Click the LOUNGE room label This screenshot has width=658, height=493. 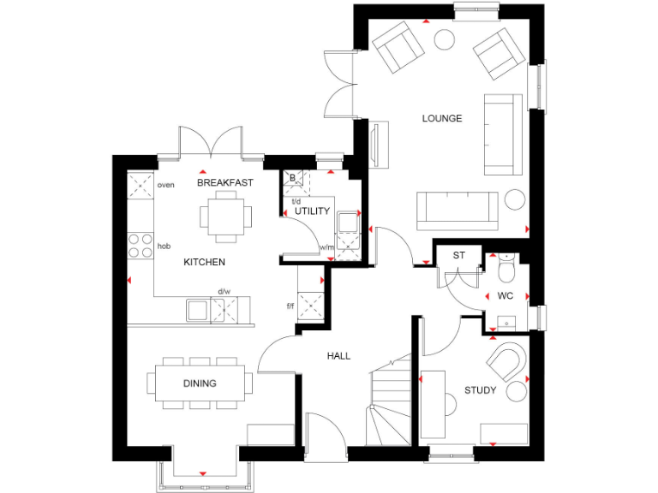point(442,119)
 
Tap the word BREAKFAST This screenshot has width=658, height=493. point(225,183)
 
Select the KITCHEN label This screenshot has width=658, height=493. point(205,262)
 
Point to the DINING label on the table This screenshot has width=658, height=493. point(200,383)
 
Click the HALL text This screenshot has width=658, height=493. point(338,356)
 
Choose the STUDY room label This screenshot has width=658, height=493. point(481,390)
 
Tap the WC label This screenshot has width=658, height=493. point(505,295)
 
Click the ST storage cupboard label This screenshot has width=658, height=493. point(458,255)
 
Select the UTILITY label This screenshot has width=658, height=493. point(312,211)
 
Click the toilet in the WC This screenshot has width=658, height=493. point(505,268)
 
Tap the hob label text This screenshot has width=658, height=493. point(164,246)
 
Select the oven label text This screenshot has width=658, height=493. point(165,185)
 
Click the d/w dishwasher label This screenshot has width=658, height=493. point(224,292)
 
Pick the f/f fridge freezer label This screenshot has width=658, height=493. point(290,306)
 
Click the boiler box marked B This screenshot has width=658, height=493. point(293,178)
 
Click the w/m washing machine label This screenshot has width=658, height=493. point(326,248)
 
